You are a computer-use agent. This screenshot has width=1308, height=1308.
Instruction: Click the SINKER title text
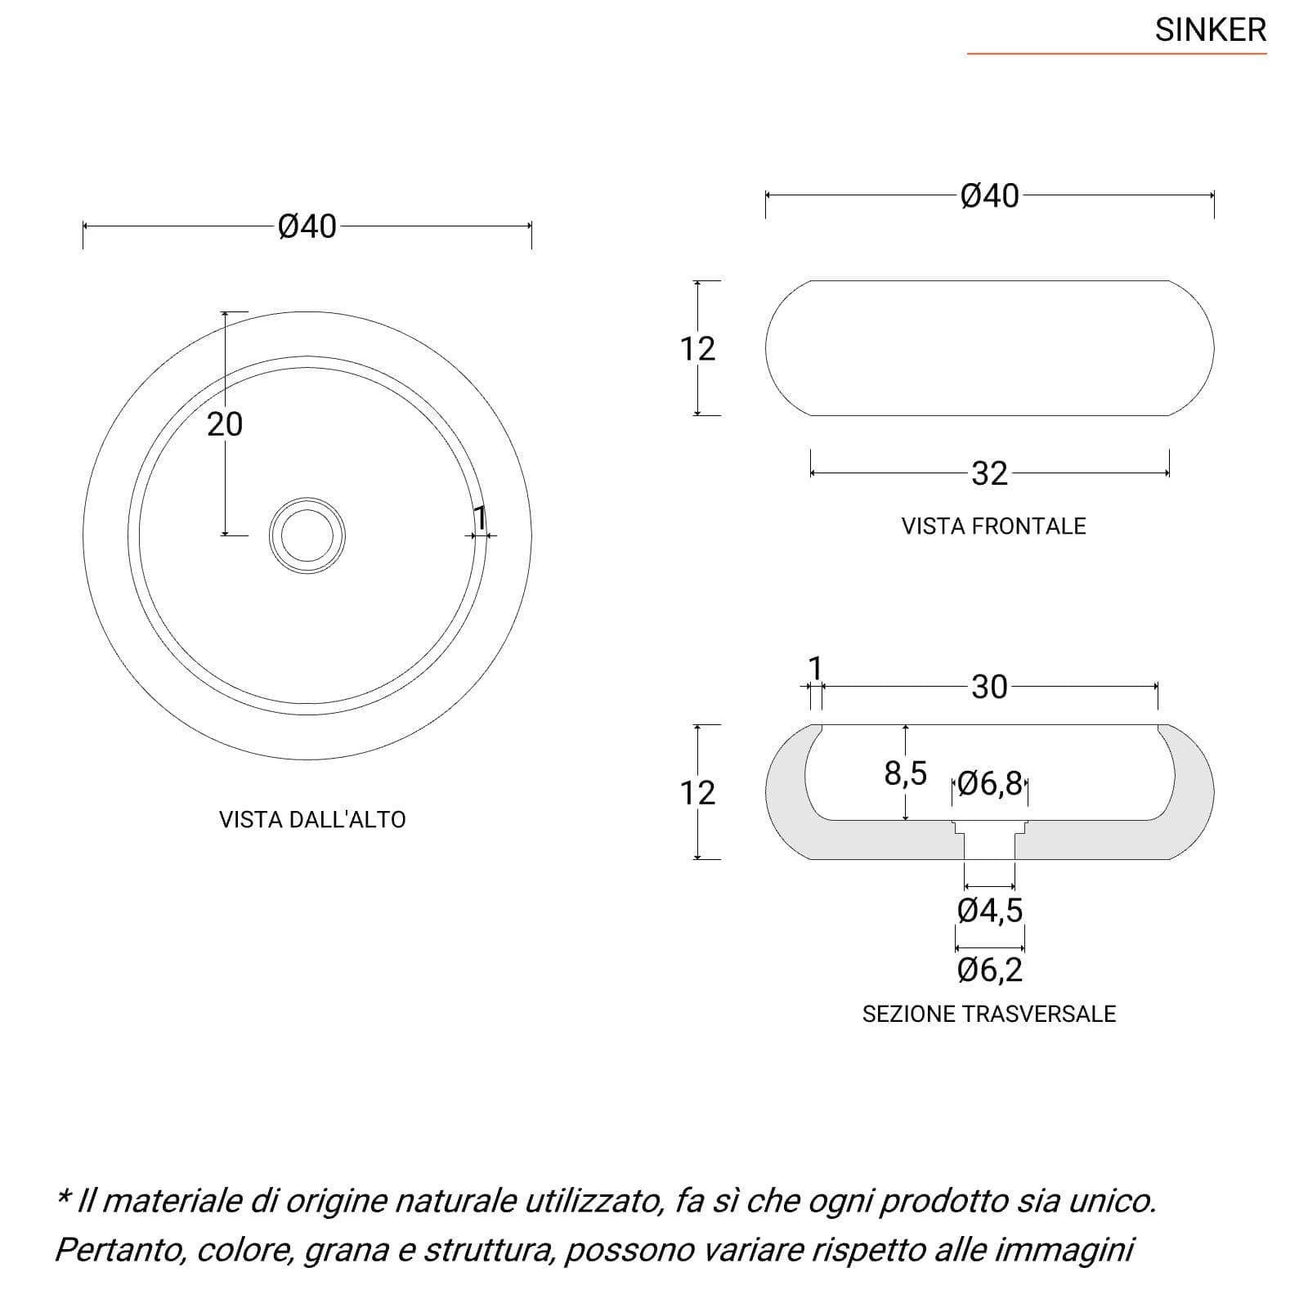point(1210,30)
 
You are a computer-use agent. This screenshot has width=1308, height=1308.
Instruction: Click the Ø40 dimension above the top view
point(307,226)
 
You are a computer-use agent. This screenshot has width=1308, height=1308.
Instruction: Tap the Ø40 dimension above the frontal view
point(990,196)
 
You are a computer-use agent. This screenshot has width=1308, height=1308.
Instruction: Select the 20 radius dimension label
point(225,424)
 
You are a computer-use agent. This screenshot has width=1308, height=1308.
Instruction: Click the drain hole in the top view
point(307,535)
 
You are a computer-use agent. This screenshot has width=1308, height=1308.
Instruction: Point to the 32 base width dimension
point(989,473)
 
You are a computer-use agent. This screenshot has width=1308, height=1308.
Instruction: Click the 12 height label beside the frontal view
point(697,349)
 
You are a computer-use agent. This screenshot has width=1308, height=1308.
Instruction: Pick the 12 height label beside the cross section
point(697,793)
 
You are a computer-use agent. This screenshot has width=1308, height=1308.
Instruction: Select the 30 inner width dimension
point(989,688)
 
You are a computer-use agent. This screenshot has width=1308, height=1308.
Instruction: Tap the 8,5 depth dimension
point(905,773)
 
